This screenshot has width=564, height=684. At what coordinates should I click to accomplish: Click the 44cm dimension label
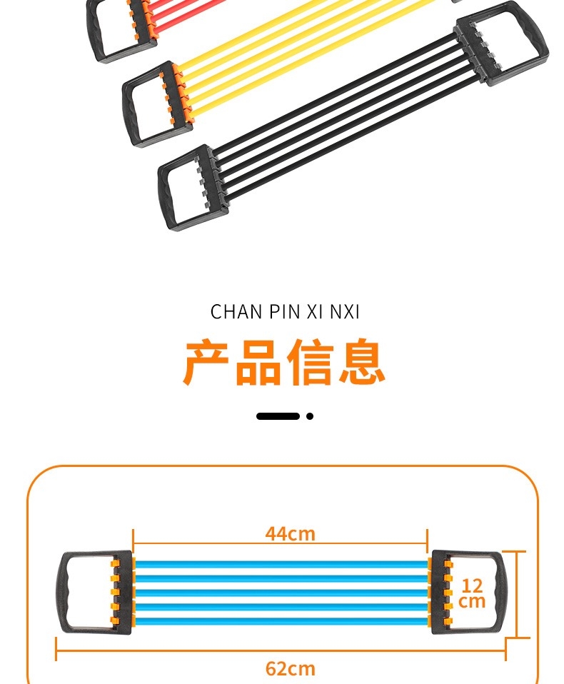[x=290, y=533]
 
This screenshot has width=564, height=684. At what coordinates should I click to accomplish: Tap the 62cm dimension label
[x=290, y=668]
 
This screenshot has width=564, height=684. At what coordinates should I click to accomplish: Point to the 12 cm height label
[x=472, y=593]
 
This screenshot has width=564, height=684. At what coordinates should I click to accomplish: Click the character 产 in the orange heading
[x=207, y=363]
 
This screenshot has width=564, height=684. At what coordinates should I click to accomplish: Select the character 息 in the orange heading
[x=362, y=363]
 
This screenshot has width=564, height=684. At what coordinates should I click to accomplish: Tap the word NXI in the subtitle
[x=345, y=312]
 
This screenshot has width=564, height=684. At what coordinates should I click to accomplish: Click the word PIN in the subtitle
[x=283, y=312]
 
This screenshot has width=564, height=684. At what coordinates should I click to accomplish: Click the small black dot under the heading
[x=310, y=416]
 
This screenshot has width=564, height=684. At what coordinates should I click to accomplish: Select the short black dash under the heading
[x=278, y=416]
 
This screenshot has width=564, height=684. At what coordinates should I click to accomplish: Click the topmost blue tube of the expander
[x=281, y=564]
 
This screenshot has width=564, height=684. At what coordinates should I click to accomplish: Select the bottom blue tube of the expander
[x=281, y=619]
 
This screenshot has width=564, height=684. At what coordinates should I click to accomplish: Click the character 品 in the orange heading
[x=258, y=363]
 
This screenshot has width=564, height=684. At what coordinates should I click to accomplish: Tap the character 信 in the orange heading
[x=311, y=363]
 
